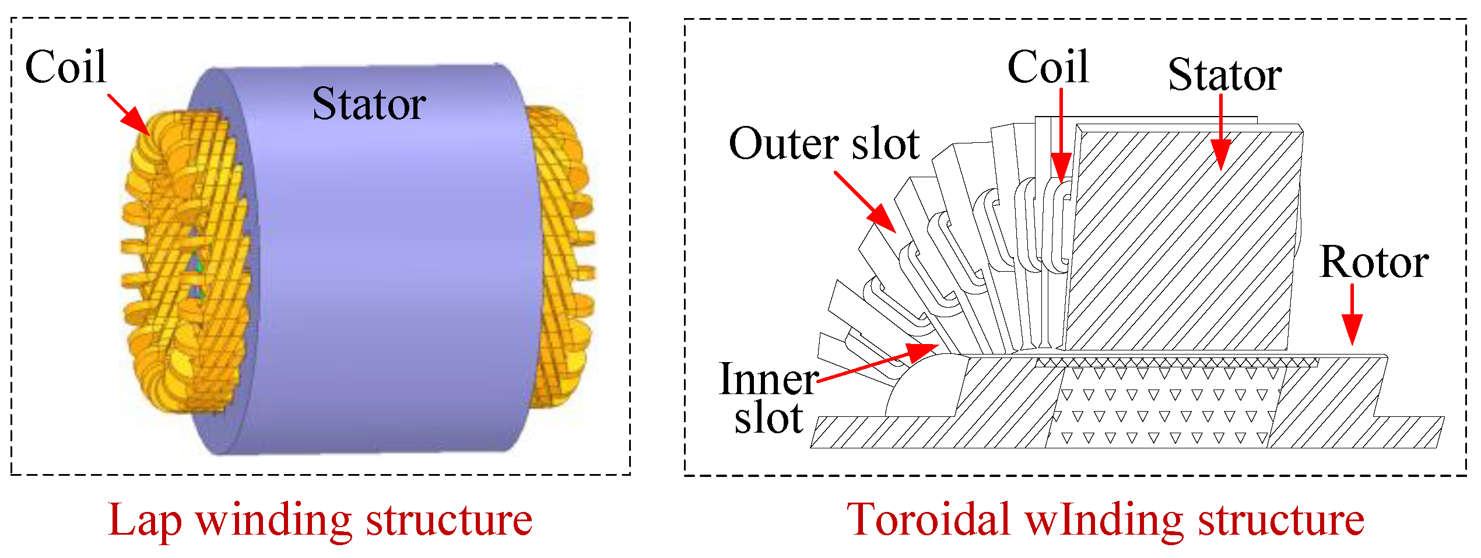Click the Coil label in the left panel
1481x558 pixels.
66,67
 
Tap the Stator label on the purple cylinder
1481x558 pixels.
369,104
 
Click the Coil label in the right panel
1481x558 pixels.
1048,67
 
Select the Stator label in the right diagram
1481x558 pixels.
1224,75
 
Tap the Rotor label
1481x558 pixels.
1374,262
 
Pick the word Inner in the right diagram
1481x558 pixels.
768,380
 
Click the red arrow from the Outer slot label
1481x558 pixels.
865,202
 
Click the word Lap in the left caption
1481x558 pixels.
145,520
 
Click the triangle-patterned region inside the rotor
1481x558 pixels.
1160,408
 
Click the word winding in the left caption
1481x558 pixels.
273,520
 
